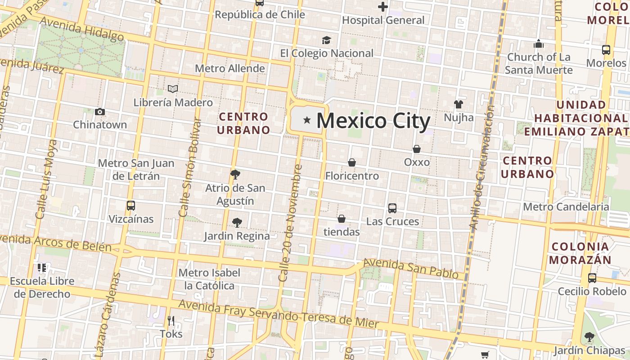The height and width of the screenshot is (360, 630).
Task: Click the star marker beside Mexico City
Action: [x=307, y=120]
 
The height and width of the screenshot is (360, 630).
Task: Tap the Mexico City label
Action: [x=373, y=121]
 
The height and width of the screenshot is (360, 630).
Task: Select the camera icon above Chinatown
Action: [x=100, y=112]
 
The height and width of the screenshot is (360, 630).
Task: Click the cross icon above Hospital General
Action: [x=383, y=7]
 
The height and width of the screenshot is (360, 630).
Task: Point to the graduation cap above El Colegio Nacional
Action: [x=326, y=40]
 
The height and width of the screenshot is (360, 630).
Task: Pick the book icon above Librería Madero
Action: [x=173, y=89]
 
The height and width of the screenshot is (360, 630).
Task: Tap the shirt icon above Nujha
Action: [x=458, y=104]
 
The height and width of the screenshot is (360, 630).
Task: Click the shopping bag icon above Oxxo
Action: [x=417, y=149]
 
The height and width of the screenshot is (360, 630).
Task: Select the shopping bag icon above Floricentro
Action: [x=351, y=162]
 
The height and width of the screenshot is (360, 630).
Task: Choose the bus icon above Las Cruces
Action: [x=392, y=208]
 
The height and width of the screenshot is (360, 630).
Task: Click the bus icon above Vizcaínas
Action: [x=131, y=206]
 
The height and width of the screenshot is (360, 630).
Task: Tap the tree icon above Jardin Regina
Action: [x=237, y=222]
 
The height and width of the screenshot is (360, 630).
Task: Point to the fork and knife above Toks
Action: [x=171, y=321]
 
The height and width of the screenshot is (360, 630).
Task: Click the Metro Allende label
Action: [x=229, y=68]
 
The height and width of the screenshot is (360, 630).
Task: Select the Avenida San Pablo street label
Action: [x=410, y=268]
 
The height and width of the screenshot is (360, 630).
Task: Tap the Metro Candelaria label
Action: [x=566, y=207]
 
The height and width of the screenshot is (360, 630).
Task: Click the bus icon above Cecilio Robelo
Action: [x=592, y=278]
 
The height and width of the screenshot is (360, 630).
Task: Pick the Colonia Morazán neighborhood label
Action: [x=580, y=253]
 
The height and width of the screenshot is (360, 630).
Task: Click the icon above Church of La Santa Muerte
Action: [x=539, y=44]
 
